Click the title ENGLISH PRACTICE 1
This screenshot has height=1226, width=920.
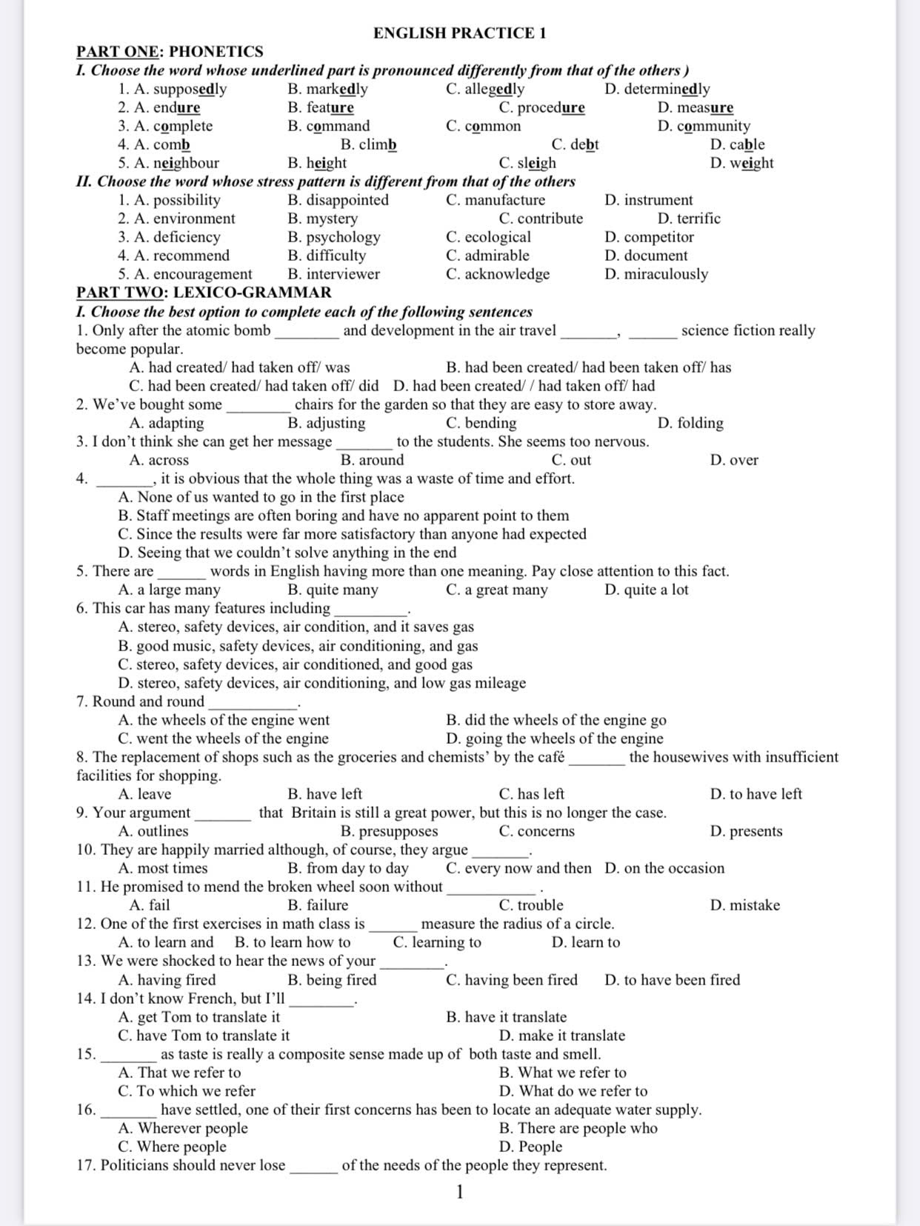pos(459,33)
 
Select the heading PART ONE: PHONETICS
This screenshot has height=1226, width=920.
pos(170,52)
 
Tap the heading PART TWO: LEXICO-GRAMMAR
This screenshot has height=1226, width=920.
pos(204,293)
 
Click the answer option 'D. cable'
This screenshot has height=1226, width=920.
pos(737,144)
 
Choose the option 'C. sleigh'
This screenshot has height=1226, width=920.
pos(527,163)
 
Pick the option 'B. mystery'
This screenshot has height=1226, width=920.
pos(322,219)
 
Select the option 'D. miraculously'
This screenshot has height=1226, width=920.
pos(656,274)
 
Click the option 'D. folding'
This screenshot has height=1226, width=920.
pos(690,423)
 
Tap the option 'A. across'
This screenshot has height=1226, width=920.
pos(159,460)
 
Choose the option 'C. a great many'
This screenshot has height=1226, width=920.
pos(497,590)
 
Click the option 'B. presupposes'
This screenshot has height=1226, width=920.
pos(389,831)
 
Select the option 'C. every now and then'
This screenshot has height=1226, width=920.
pos(519,868)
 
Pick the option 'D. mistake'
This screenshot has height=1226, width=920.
pos(744,905)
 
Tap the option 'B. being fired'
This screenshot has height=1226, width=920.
pos(332,980)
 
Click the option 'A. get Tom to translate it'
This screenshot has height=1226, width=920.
pos(199,1017)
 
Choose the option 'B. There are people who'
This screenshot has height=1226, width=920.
pos(579,1128)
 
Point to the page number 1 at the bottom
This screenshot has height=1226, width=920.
pos(460,1192)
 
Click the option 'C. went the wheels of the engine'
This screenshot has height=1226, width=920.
pos(223,739)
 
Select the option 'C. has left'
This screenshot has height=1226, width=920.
pos(532,794)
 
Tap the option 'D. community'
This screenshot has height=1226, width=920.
pos(704,126)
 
